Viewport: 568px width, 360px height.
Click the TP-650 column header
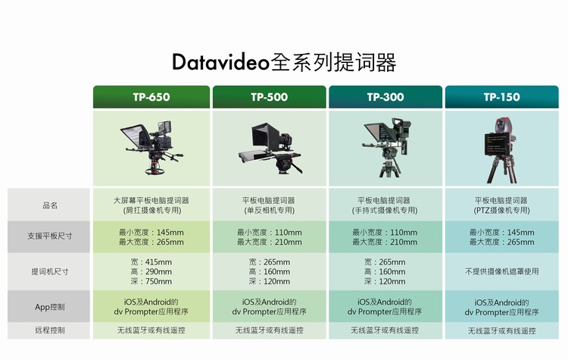pos(151,97)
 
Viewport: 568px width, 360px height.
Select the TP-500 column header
pos(269,97)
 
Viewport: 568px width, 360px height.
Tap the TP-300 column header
pos(385,97)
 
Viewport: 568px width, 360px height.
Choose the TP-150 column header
pos(501,97)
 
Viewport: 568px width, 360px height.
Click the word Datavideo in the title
pos(220,61)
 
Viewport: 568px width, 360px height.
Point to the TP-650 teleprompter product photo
pos(151,148)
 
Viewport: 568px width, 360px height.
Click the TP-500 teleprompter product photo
pos(270,148)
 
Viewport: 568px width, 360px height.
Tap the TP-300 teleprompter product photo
pos(387,147)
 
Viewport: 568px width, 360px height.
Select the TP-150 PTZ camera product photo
pos(501,150)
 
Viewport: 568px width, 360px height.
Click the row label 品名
pos(50,205)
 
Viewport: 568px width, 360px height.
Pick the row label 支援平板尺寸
pos(50,236)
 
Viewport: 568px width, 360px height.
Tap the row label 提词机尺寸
pos(50,271)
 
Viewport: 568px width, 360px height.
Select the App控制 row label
pos(50,307)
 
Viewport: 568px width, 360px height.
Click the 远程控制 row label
pos(50,330)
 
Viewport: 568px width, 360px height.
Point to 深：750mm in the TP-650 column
pos(151,281)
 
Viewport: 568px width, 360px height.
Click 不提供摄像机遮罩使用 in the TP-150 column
pos(501,271)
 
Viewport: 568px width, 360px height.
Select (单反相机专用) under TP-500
pos(269,210)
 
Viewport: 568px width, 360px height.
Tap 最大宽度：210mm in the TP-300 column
pos(385,242)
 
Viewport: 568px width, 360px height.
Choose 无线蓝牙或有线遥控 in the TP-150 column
pos(501,330)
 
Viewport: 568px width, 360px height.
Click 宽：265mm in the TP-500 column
pos(269,261)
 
